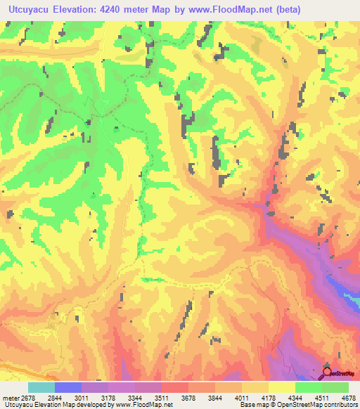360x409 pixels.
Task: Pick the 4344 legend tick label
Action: coord(308,398)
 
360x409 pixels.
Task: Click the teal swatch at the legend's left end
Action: coord(41,387)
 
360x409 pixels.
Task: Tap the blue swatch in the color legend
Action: coord(68,387)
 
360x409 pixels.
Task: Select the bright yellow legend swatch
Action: coord(281,387)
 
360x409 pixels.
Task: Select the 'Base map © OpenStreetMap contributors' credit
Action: coord(298,405)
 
